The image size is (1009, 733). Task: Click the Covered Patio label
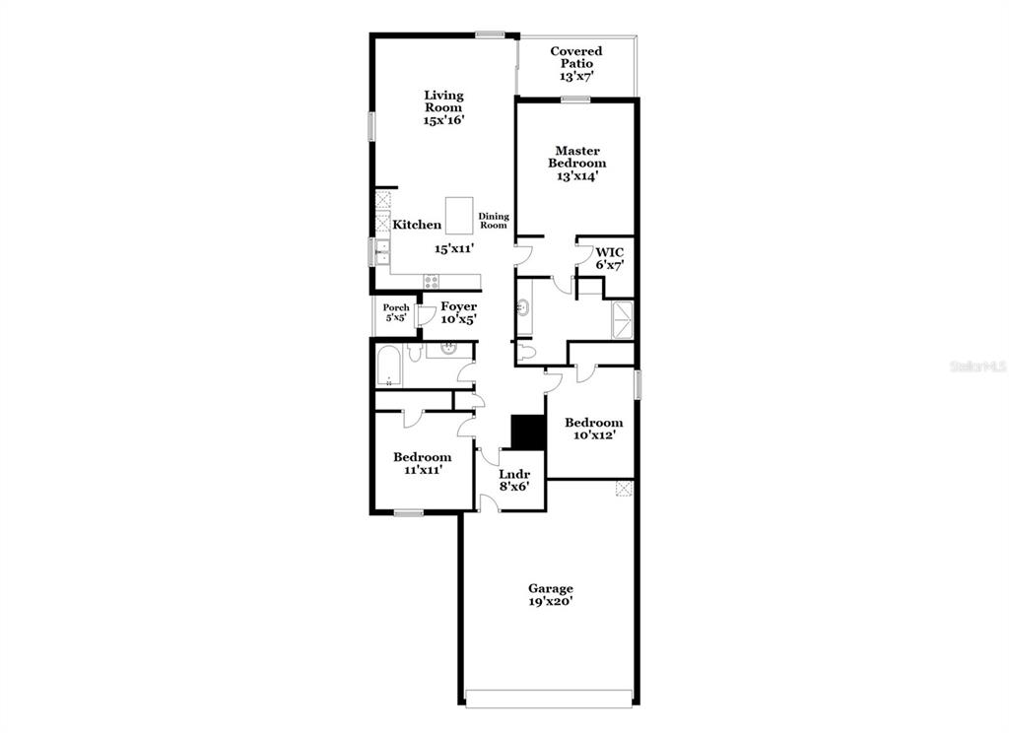pos(576,57)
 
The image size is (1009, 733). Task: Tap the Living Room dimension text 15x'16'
pos(443,120)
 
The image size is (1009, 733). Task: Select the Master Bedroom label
pos(577,157)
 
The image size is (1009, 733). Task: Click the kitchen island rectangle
pos(459,216)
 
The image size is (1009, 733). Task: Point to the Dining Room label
pos(494,221)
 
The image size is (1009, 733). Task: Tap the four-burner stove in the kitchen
pos(432,281)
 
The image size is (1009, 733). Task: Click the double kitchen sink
pos(382,251)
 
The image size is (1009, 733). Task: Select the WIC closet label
pos(609,252)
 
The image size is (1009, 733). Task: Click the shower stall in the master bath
pos(623,319)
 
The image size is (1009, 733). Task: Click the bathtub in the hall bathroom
pos(389,366)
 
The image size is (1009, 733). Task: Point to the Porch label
pos(396,307)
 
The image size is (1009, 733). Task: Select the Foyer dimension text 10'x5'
pos(459,318)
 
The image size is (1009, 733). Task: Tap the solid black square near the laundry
pos(528,433)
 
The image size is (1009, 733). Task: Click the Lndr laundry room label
pos(514,474)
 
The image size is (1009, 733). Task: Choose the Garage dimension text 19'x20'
pos(551,601)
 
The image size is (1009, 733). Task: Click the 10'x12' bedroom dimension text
pos(594,435)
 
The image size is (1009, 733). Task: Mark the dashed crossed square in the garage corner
pos(624,489)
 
